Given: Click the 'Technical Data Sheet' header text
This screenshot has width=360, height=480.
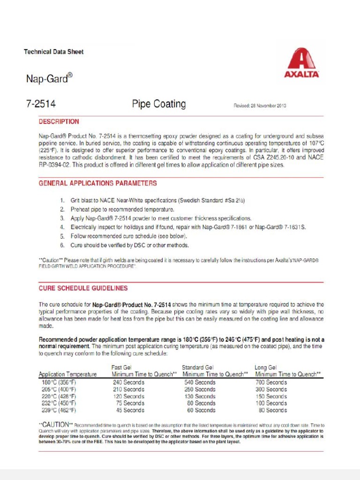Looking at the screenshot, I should tap(53, 52).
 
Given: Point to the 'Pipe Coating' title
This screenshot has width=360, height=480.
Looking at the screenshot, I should tap(158, 104).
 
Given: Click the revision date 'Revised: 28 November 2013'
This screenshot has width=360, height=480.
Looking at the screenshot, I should tap(260, 105).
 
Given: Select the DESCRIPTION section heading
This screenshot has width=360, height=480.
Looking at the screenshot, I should tap(59, 121).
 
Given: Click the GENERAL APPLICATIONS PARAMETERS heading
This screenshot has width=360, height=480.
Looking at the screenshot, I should tap(97, 183).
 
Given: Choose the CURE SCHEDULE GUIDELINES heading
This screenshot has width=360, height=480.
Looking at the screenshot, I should tap(83, 288).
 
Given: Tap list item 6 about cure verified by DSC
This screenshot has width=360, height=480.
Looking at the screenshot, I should tap(129, 245).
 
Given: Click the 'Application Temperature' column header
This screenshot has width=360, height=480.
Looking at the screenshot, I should tap(68, 375).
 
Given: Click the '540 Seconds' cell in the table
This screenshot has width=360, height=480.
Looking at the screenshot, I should tap(200, 382).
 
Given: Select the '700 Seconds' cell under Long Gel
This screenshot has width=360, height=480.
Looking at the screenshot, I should tap(271, 382).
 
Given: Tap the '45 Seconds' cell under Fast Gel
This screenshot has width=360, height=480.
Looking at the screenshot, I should tap(130, 410).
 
